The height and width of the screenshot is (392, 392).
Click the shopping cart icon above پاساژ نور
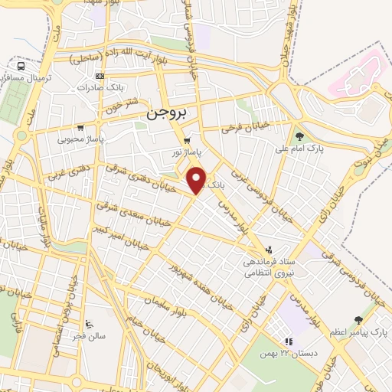point(188,141)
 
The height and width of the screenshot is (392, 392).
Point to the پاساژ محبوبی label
point(80,140)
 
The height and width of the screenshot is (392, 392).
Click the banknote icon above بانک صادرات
point(99,76)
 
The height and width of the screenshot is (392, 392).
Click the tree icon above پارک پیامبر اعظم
point(358,321)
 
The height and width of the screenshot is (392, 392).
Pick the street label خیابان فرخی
point(243,127)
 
